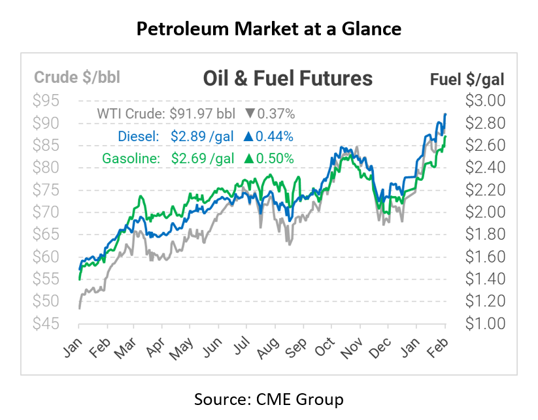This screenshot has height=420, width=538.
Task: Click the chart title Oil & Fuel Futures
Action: tap(288, 78)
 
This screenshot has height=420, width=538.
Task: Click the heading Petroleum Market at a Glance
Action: tap(269, 29)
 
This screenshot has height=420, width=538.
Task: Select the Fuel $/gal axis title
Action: tap(467, 79)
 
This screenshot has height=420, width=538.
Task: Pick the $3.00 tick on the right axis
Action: tap(484, 101)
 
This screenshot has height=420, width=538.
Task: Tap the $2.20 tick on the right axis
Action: tap(484, 189)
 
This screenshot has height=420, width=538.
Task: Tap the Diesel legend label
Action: tap(139, 136)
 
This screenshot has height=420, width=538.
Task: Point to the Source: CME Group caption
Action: tap(269, 398)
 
